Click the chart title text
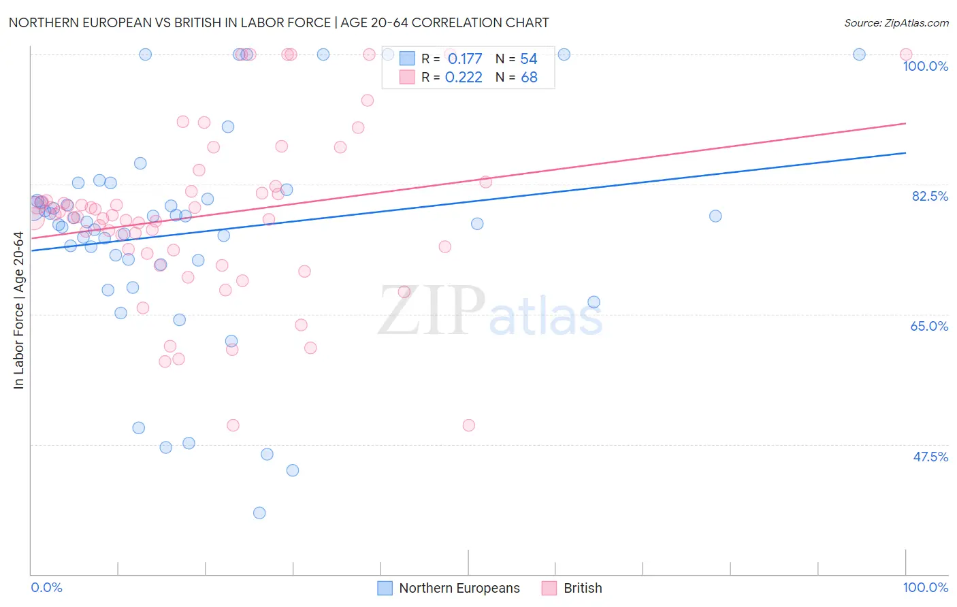278,22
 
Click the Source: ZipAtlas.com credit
896,22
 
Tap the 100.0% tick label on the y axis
925,66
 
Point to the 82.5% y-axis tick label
929,196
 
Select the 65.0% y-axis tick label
929,326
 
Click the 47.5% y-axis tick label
930,457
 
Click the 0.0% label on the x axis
47,587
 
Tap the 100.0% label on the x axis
925,587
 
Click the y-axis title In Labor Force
18,310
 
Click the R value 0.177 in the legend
465,59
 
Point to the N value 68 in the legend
529,78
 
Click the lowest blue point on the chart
259,513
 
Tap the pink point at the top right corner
905,54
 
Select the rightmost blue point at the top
859,54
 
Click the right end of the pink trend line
905,123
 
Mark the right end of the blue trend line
905,153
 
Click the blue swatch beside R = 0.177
407,59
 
